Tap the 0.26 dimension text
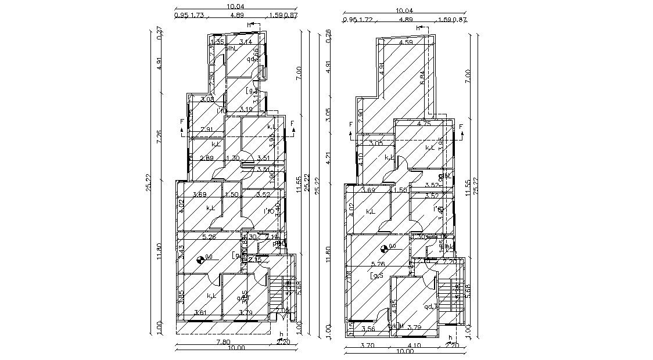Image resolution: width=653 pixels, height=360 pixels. [x=328, y=35]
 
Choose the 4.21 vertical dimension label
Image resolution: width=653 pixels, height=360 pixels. [x=328, y=159]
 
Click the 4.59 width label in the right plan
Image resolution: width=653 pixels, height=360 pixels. [x=406, y=42]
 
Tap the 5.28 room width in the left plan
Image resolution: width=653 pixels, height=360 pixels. [x=209, y=236]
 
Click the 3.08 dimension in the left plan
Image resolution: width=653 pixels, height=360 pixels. [x=207, y=99]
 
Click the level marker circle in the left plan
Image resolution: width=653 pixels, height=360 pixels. [x=200, y=260]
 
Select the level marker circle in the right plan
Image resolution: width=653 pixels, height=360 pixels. [x=384, y=250]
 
